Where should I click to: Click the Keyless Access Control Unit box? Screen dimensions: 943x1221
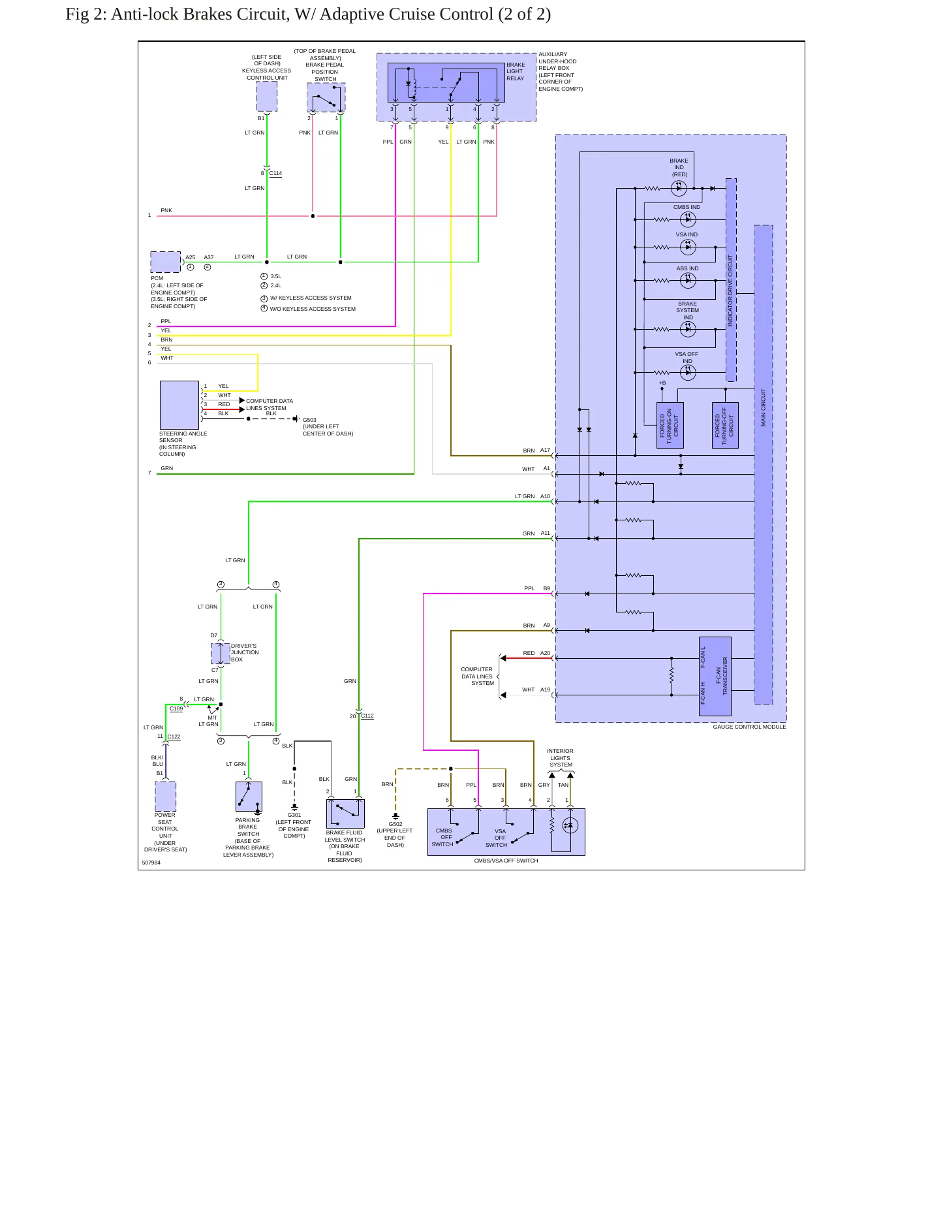(x=266, y=97)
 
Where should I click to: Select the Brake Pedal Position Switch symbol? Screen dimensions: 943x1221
(x=326, y=97)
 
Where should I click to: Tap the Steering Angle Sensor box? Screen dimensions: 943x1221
(x=179, y=405)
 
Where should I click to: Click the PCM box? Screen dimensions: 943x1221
(x=166, y=262)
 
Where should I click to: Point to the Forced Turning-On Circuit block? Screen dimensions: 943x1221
(x=670, y=425)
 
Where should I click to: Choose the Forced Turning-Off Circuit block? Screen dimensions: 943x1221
(x=725, y=425)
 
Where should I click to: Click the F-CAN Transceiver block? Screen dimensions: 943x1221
(x=715, y=676)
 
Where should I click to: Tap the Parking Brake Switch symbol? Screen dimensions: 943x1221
(x=249, y=797)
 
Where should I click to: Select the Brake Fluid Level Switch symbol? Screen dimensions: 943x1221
(x=345, y=814)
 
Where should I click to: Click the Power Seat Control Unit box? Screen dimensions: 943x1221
(x=166, y=796)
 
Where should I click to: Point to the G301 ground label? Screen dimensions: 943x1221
(x=294, y=815)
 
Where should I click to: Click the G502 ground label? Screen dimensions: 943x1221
(x=395, y=824)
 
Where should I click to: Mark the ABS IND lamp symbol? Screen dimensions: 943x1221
(x=688, y=281)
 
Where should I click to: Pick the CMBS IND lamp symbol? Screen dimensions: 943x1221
(x=688, y=220)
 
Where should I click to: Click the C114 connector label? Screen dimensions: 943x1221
(x=275, y=174)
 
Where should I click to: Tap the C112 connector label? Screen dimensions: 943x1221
(x=367, y=716)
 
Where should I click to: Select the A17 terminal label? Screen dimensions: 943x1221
(x=545, y=450)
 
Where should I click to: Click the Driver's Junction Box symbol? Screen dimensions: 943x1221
(x=221, y=653)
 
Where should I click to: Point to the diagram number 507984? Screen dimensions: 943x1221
(x=151, y=863)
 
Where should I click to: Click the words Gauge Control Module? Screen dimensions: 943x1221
(x=749, y=727)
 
